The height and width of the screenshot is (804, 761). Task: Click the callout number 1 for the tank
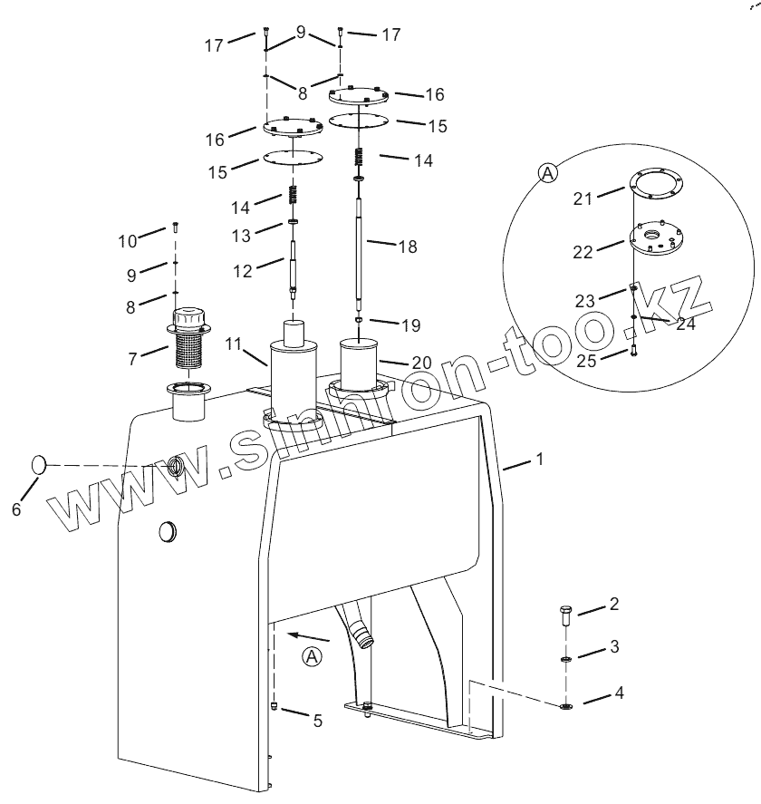click(x=539, y=459)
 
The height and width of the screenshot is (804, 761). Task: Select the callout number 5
click(x=318, y=721)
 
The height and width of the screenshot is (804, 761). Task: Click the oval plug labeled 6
click(x=39, y=465)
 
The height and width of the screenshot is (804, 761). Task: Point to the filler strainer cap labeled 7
click(x=189, y=338)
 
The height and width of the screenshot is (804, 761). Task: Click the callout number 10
click(x=128, y=241)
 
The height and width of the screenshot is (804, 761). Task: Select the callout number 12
click(x=243, y=271)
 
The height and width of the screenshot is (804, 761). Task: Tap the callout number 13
click(x=241, y=236)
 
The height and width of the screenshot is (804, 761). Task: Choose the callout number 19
click(x=411, y=325)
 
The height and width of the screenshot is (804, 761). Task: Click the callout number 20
click(x=422, y=363)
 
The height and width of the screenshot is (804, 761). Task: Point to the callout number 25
click(x=586, y=361)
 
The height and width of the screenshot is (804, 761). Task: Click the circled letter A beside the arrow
click(x=312, y=657)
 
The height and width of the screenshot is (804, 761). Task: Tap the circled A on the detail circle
click(x=548, y=173)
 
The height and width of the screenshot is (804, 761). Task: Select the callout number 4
click(x=619, y=693)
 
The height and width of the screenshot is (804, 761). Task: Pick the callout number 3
click(x=614, y=647)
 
